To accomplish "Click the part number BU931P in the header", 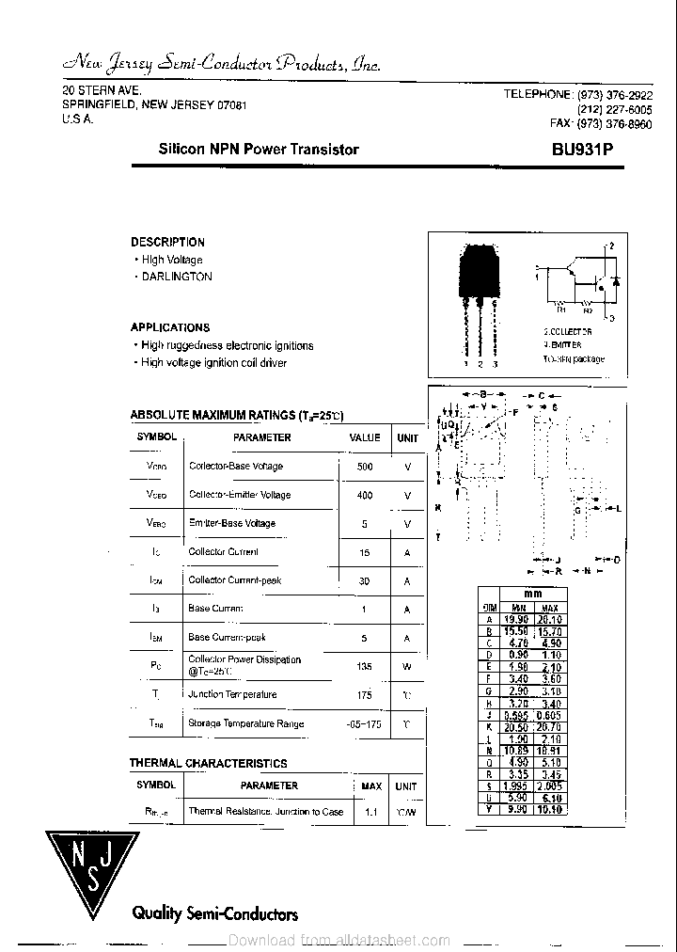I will pos(589,150).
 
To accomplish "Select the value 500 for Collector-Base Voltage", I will pos(365,467).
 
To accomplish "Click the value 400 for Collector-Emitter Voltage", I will pos(365,495).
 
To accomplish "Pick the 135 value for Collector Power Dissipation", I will pos(365,667).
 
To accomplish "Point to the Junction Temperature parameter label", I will pos(232,695).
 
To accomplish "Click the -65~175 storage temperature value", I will pos(365,723).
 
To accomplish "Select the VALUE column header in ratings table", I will pos(365,437).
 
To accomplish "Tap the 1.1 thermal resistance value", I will pos(371,811).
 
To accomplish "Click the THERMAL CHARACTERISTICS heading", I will pos(208,764).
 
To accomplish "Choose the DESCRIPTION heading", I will pos(167,242).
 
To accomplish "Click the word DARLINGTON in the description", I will pos(177,277).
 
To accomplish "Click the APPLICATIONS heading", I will pos(170,327).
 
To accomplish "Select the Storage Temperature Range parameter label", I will pos(245,723).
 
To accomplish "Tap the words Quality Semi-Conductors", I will pos(215,913).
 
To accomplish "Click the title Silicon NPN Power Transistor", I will pos(259,150).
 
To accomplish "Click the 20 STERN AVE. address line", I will pos(102,90).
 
